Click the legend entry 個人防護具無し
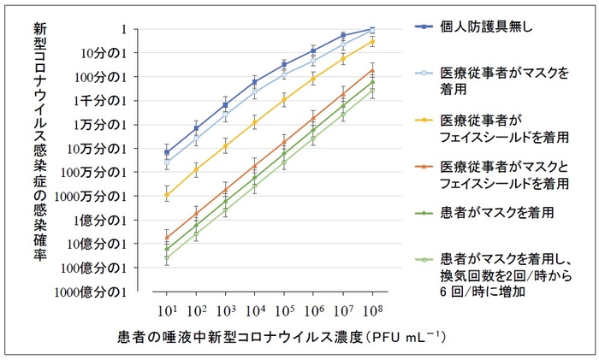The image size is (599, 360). click(485, 26)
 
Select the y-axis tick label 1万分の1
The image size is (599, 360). click(106, 125)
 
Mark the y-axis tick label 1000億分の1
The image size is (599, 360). click(98, 292)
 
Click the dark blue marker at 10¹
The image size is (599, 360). click(167, 152)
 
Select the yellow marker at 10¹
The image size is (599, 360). click(167, 196)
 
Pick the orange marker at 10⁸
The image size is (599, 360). click(372, 70)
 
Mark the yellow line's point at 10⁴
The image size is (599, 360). click(255, 122)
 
